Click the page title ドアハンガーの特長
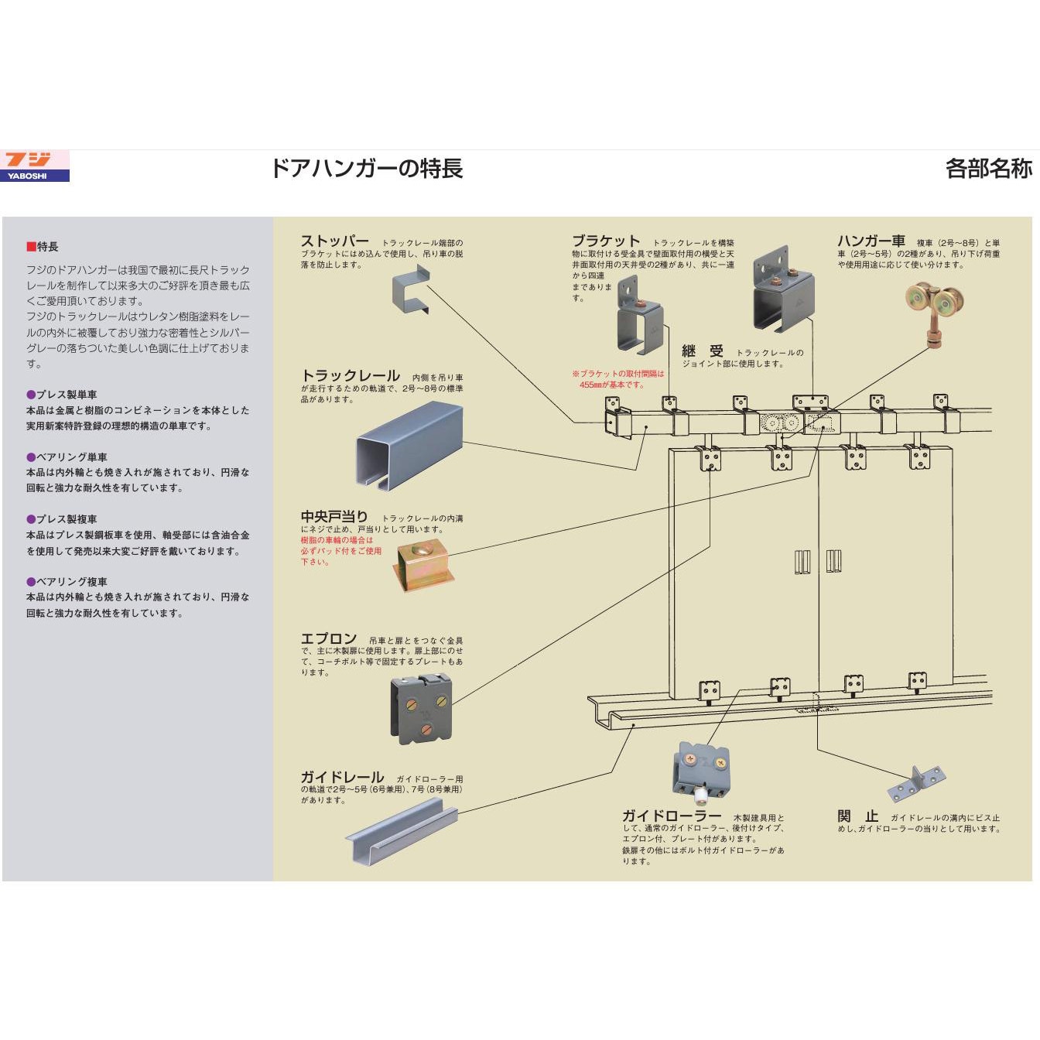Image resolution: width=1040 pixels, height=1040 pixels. coord(366,169)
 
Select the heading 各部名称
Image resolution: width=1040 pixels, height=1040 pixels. coord(988,169)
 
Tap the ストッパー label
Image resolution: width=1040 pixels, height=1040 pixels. coord(334,241)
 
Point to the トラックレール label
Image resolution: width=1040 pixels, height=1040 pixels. coord(350,376)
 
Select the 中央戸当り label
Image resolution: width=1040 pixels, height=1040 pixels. coord(334,516)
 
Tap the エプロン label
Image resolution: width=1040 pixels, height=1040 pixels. coord(329,639)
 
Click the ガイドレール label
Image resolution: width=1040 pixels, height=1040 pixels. coord(342,777)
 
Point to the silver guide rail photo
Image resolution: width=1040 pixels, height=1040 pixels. coord(402,833)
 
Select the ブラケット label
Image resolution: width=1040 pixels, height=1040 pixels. coord(606,241)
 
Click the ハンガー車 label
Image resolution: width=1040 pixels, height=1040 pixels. coord(871,241)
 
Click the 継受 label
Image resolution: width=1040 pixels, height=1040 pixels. coord(702,352)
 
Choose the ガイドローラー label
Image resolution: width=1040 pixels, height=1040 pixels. coord(672,816)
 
